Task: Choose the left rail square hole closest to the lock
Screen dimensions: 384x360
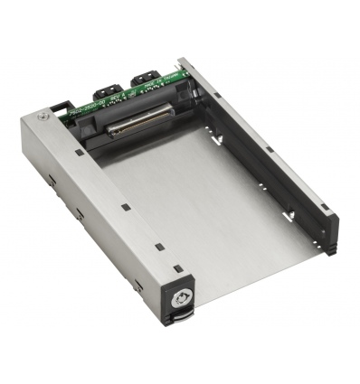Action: [x=159, y=245]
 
